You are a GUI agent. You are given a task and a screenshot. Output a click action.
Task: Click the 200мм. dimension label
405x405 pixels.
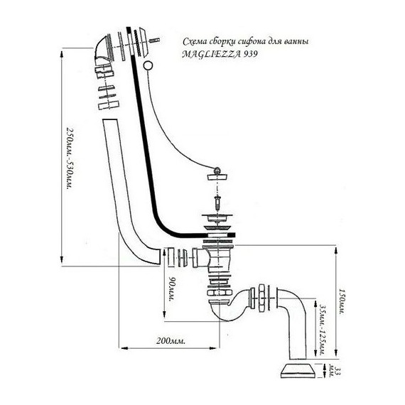[171, 341]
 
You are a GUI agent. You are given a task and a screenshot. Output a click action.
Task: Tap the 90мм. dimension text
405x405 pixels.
[171, 288]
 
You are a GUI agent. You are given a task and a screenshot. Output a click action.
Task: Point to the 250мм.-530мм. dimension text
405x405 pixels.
[70, 158]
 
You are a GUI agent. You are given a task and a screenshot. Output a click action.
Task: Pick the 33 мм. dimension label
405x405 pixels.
[333, 372]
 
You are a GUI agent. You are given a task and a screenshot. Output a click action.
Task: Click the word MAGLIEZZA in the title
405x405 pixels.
[211, 54]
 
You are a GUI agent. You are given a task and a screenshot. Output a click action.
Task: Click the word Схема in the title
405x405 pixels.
[195, 41]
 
